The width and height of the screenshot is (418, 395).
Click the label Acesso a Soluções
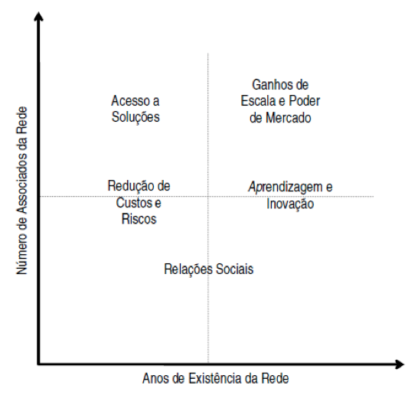(x=136, y=109)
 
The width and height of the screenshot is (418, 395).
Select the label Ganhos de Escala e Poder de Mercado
(x=280, y=101)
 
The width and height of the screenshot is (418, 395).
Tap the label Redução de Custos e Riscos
(x=139, y=202)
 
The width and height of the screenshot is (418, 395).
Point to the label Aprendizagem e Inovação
(x=290, y=195)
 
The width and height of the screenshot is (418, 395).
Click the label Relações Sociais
(x=209, y=269)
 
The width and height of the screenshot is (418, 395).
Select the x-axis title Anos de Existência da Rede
(x=216, y=378)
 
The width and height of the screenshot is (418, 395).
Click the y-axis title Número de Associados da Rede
(x=22, y=191)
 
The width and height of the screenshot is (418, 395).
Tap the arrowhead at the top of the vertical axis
(x=38, y=16)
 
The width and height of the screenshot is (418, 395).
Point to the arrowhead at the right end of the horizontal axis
(x=399, y=364)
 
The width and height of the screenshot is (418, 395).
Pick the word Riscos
(x=139, y=219)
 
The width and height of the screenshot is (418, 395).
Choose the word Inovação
(x=290, y=204)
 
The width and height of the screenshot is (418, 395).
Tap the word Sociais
(x=234, y=269)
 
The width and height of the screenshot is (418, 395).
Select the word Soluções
(x=136, y=117)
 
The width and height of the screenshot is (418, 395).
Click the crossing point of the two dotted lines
(x=208, y=197)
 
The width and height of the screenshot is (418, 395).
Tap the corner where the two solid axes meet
(x=39, y=364)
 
